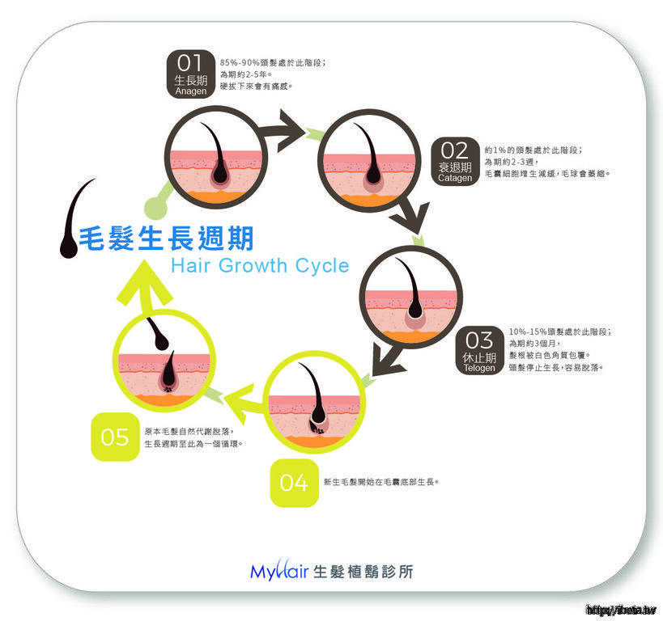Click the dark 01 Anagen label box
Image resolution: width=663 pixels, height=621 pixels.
(x=191, y=74)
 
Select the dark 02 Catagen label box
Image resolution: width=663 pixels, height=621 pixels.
(x=455, y=160)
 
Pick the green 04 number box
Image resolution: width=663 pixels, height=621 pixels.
(x=294, y=483)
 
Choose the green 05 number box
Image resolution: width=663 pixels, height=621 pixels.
(x=115, y=437)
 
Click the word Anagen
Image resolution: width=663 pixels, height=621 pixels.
(x=191, y=92)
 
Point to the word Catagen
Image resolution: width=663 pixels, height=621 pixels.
(x=455, y=178)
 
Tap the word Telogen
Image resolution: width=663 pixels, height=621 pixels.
(x=479, y=368)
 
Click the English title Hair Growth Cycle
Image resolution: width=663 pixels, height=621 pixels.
(x=260, y=265)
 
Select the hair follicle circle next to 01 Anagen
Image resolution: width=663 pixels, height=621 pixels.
(x=215, y=158)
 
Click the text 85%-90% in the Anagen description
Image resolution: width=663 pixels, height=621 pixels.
(x=238, y=62)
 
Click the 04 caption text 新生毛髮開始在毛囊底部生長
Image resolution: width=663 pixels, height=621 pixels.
(x=380, y=482)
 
